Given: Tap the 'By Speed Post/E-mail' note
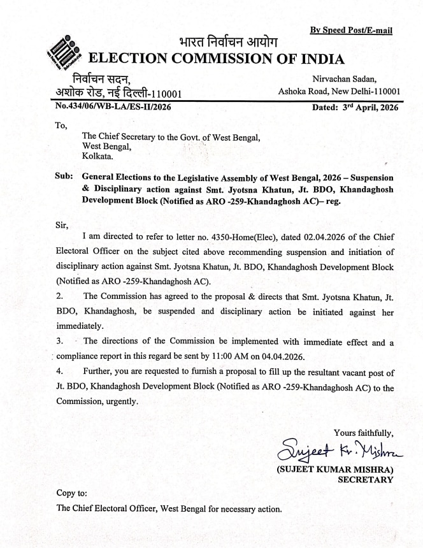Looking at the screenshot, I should click(350, 30).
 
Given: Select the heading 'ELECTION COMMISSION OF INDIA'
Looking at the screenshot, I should click(217, 60).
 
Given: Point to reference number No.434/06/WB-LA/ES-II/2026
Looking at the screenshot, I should click(113, 107).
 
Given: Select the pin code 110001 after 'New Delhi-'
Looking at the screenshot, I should click(384, 92).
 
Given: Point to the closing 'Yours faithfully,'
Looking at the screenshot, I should click(363, 433).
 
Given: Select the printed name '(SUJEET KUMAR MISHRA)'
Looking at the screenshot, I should click(334, 470).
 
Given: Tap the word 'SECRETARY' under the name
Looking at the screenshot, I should click(365, 480).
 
